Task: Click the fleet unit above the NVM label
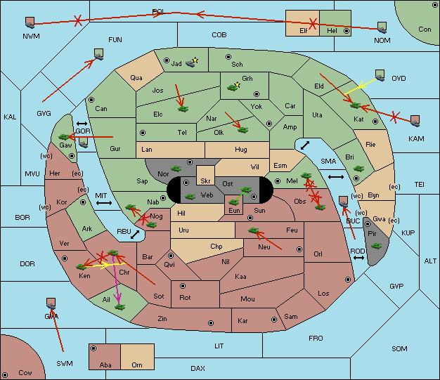30,22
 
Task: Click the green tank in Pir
376,246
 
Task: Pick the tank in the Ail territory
119,307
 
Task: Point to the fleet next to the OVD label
380,75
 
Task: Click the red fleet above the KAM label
415,121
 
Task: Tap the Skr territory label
205,181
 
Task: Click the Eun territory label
234,211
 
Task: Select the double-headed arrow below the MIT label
104,203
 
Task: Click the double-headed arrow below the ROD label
358,258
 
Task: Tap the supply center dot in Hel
347,31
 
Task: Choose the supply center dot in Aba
93,348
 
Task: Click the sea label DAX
198,368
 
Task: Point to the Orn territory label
137,365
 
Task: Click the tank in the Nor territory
176,169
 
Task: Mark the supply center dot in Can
91,100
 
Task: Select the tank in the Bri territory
358,169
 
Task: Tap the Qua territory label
136,78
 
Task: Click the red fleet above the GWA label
51,303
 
